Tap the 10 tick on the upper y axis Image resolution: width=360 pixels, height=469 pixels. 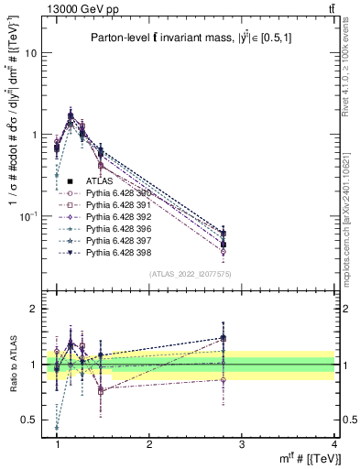click(x=32, y=53)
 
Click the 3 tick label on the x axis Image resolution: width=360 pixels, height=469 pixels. click(x=240, y=444)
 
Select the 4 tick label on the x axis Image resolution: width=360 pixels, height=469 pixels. click(x=333, y=444)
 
